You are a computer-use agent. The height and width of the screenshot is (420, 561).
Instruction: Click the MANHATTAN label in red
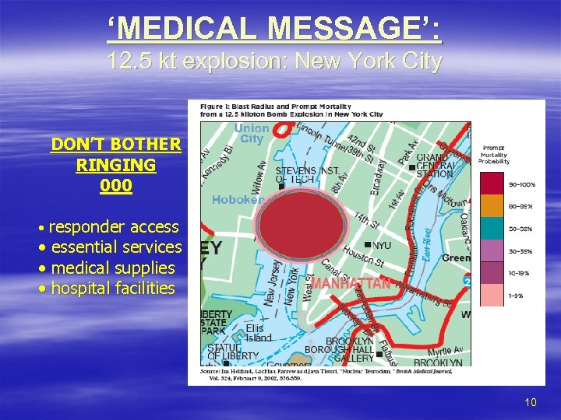pos(351,283)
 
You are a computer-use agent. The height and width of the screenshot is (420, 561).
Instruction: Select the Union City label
pos(252,134)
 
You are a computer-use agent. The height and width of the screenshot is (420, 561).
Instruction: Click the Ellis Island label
pos(259,333)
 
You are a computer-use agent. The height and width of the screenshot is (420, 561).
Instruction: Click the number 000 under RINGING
pos(116,187)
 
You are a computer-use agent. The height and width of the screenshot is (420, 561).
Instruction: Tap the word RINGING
pos(116,166)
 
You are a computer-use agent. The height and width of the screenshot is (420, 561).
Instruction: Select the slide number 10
pos(531,402)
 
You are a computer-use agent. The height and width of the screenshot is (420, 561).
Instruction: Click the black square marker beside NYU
pos(367,245)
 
